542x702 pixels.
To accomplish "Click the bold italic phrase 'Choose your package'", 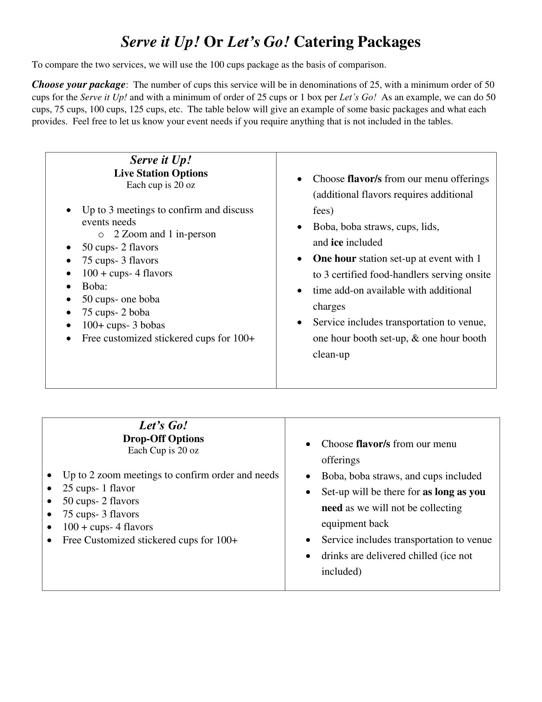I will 79,85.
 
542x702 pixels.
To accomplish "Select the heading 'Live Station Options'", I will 161,173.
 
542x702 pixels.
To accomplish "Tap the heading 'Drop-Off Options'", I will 163,439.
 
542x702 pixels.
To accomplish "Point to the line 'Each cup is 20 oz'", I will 161,185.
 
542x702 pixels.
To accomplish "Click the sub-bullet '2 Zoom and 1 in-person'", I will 165,234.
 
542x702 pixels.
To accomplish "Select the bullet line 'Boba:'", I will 95,286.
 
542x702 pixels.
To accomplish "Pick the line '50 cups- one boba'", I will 121,299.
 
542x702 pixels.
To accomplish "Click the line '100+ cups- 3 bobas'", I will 123,325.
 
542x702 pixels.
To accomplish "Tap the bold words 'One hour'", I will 334,258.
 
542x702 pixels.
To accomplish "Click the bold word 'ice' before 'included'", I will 337,242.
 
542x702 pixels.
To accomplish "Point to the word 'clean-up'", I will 331,354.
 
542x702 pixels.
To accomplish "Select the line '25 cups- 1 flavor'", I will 99,488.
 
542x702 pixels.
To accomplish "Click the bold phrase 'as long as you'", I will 454,492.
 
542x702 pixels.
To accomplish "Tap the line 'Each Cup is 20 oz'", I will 163,450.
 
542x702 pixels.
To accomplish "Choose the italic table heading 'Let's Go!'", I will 163,426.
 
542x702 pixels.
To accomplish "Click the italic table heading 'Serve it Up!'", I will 161,160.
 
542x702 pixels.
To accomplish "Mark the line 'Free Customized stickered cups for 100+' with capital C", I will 150,540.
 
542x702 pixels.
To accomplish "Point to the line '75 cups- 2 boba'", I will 116,312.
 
